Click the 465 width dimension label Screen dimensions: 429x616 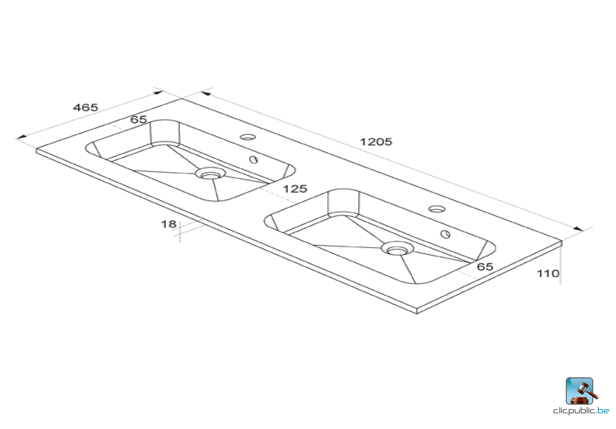point(86,108)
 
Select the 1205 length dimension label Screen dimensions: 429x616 point(376,142)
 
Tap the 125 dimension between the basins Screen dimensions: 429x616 point(295,189)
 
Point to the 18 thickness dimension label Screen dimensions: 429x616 point(168,224)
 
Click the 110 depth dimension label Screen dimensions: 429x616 point(548,273)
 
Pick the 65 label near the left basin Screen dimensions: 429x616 point(139,119)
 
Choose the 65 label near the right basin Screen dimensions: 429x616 point(485,267)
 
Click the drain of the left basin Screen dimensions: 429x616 point(210,174)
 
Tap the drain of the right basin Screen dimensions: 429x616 point(397,249)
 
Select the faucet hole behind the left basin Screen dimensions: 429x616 point(248,137)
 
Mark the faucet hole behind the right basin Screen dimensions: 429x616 point(437,209)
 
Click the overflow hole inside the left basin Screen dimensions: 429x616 point(254,160)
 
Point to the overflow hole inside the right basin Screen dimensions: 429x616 point(445,234)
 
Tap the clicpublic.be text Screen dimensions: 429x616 point(581,411)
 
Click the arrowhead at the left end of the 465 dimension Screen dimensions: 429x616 point(21,137)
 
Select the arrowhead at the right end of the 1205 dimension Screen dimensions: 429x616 point(578,229)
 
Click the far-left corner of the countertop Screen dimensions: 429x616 point(37,150)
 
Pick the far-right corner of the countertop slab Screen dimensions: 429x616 point(562,242)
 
